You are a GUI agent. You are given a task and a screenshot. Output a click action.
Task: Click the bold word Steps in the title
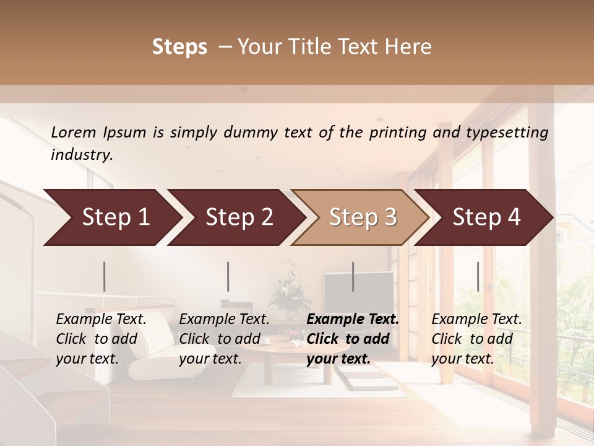pyautogui.click(x=179, y=47)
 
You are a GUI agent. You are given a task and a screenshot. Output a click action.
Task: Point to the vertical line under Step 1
pyautogui.click(x=104, y=276)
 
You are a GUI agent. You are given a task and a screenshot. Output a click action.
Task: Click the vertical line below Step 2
pyautogui.click(x=228, y=276)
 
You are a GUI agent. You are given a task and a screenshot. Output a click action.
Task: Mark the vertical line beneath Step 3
pyautogui.click(x=353, y=276)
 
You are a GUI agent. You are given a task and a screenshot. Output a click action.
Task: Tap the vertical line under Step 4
pyautogui.click(x=478, y=276)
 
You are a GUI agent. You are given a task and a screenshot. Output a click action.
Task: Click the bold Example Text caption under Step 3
pyautogui.click(x=353, y=339)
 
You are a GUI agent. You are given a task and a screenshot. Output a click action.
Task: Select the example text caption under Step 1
pyautogui.click(x=101, y=339)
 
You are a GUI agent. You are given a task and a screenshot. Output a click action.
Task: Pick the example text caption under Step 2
pyautogui.click(x=224, y=339)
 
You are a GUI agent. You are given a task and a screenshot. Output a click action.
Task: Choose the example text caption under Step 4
pyautogui.click(x=476, y=339)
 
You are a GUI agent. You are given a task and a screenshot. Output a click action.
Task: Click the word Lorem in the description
pyautogui.click(x=74, y=133)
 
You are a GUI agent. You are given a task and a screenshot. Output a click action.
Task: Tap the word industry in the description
pyautogui.click(x=82, y=155)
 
